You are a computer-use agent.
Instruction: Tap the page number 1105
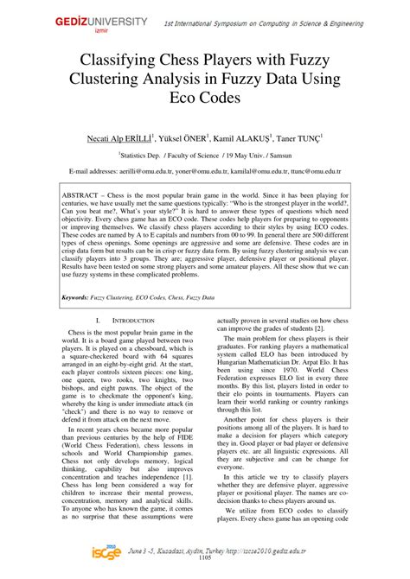click(205, 571)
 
